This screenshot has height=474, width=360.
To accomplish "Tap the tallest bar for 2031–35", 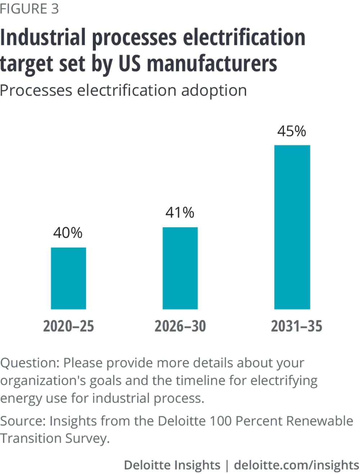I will tap(292, 227).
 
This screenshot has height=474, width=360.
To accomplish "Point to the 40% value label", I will tap(68, 233).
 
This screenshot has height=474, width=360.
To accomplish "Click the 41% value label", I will tap(180, 213).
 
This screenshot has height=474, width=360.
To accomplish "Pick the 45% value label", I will tap(292, 131).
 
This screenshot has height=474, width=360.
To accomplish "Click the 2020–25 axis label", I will tap(68, 326).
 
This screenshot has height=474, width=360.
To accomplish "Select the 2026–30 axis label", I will tap(180, 326).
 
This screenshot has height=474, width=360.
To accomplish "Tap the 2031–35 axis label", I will tap(296, 326).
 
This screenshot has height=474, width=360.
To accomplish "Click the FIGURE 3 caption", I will tap(29, 9).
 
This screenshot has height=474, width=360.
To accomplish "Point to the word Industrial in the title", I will tap(43, 38).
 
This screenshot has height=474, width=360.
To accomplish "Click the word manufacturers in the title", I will tap(212, 64).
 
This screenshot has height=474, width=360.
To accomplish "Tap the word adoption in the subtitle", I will tap(214, 90).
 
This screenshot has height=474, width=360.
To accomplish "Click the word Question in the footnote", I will tap(30, 363).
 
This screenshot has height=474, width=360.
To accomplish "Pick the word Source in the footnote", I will tap(23, 421).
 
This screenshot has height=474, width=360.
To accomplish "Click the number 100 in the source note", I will tap(220, 421).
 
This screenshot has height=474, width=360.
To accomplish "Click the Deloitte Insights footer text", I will tap(172, 465).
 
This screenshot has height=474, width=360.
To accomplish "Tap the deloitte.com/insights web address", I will tap(296, 465).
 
